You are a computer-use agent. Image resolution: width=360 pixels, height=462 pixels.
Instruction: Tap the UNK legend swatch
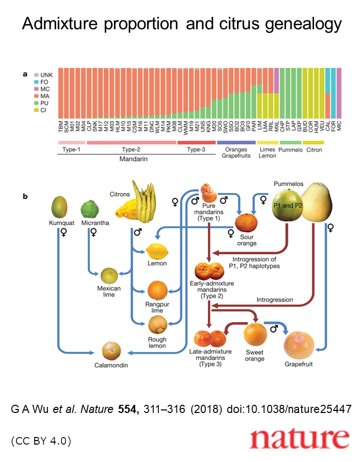[x=36, y=75]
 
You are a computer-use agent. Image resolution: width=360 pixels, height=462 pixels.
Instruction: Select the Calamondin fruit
[x=111, y=350]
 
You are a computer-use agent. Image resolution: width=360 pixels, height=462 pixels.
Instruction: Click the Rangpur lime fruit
[x=157, y=290]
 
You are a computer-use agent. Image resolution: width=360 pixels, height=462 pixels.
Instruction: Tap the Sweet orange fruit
[x=255, y=335]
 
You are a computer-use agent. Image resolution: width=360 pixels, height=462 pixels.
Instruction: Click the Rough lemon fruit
[x=157, y=325]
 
